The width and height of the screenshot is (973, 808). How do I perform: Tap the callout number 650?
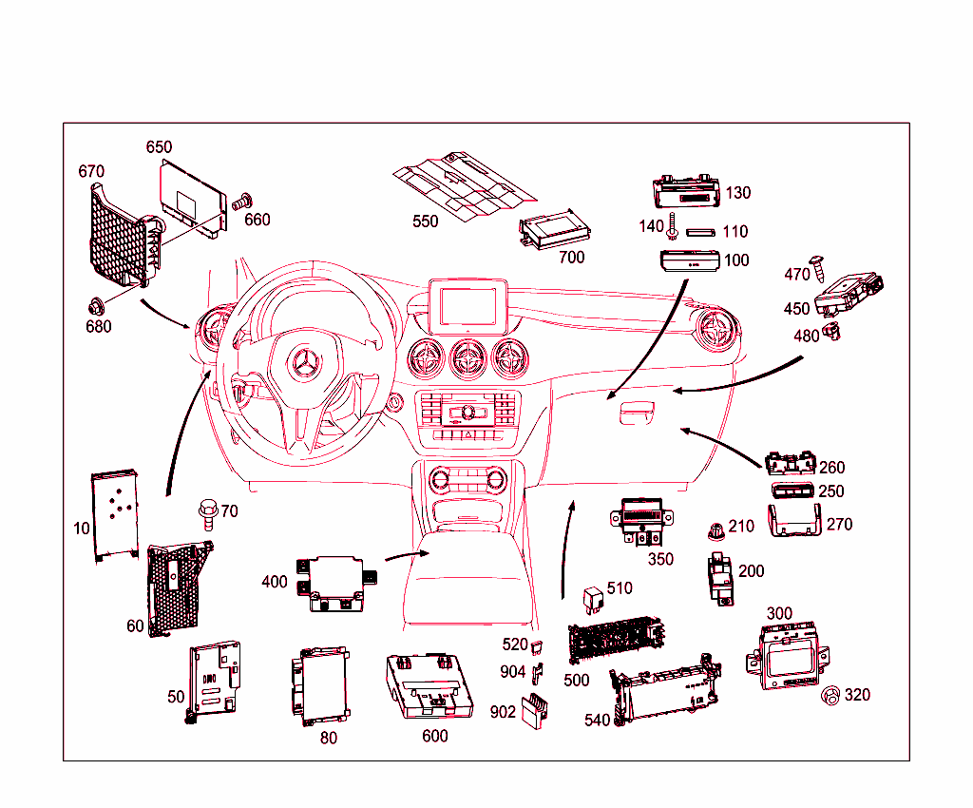[x=159, y=147]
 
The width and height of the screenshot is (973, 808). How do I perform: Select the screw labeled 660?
[x=243, y=201]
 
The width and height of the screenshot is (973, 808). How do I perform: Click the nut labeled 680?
[x=96, y=306]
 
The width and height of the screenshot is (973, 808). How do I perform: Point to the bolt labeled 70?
[x=206, y=512]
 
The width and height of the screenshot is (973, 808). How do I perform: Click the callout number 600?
[x=434, y=736]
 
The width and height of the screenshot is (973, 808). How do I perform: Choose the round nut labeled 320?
[x=830, y=695]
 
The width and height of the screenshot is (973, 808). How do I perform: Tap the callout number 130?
[x=737, y=193]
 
